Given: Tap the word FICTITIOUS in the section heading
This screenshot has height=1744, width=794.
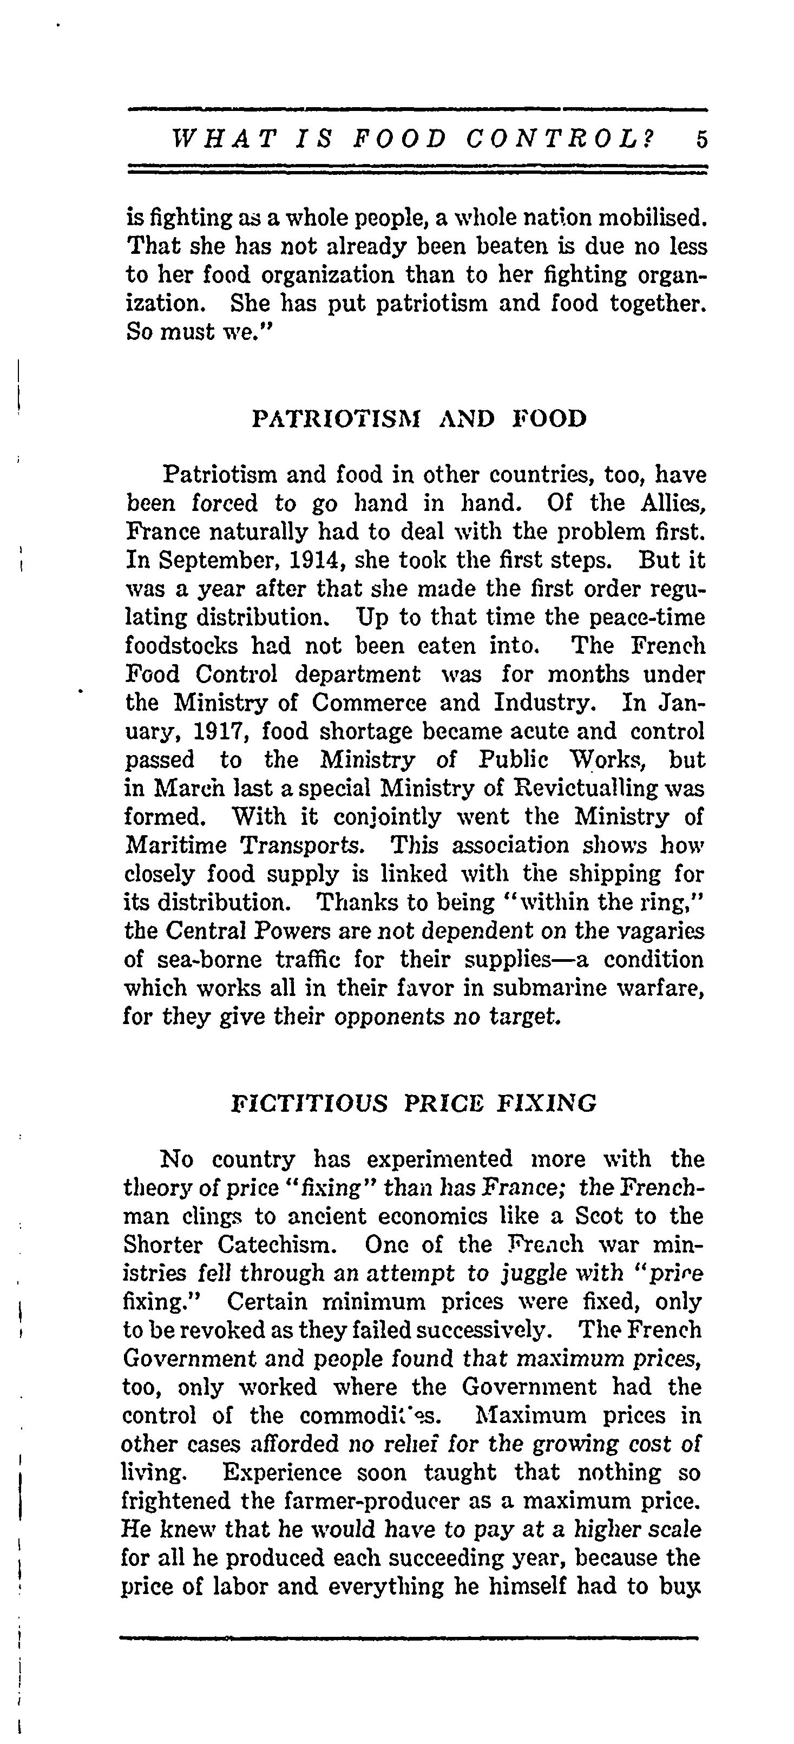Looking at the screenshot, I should tap(310, 1104).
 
